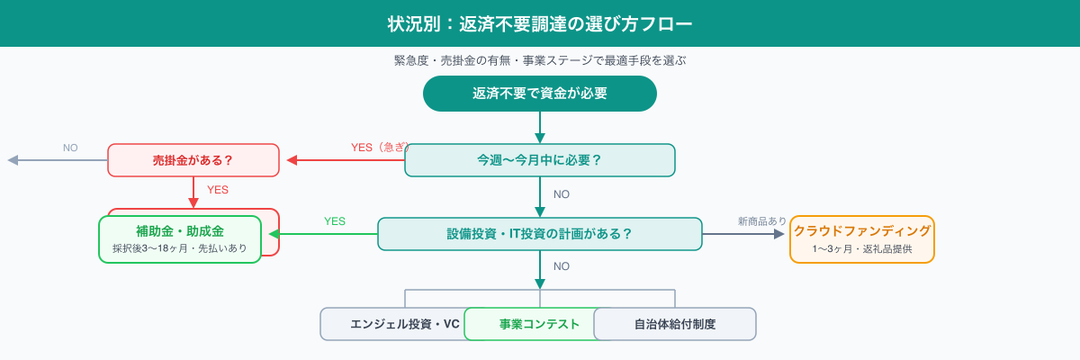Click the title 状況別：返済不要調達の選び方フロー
(x=540, y=23)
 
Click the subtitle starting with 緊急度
(x=540, y=60)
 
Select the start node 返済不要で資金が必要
(x=540, y=94)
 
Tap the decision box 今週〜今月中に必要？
(x=540, y=160)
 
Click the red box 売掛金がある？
(x=193, y=160)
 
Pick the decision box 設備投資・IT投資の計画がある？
(x=540, y=233)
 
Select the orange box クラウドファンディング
(x=862, y=230)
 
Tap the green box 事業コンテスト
(x=539, y=324)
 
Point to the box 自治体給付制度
(x=675, y=324)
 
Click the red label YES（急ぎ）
(x=379, y=147)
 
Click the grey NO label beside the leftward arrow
(x=70, y=147)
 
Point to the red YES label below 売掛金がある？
(x=218, y=190)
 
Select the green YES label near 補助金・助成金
(x=335, y=220)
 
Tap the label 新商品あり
(x=761, y=220)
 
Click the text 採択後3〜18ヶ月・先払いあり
(x=180, y=247)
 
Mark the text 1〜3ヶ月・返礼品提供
(x=862, y=247)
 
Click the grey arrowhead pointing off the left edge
(x=13, y=160)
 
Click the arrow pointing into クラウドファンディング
(x=779, y=233)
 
